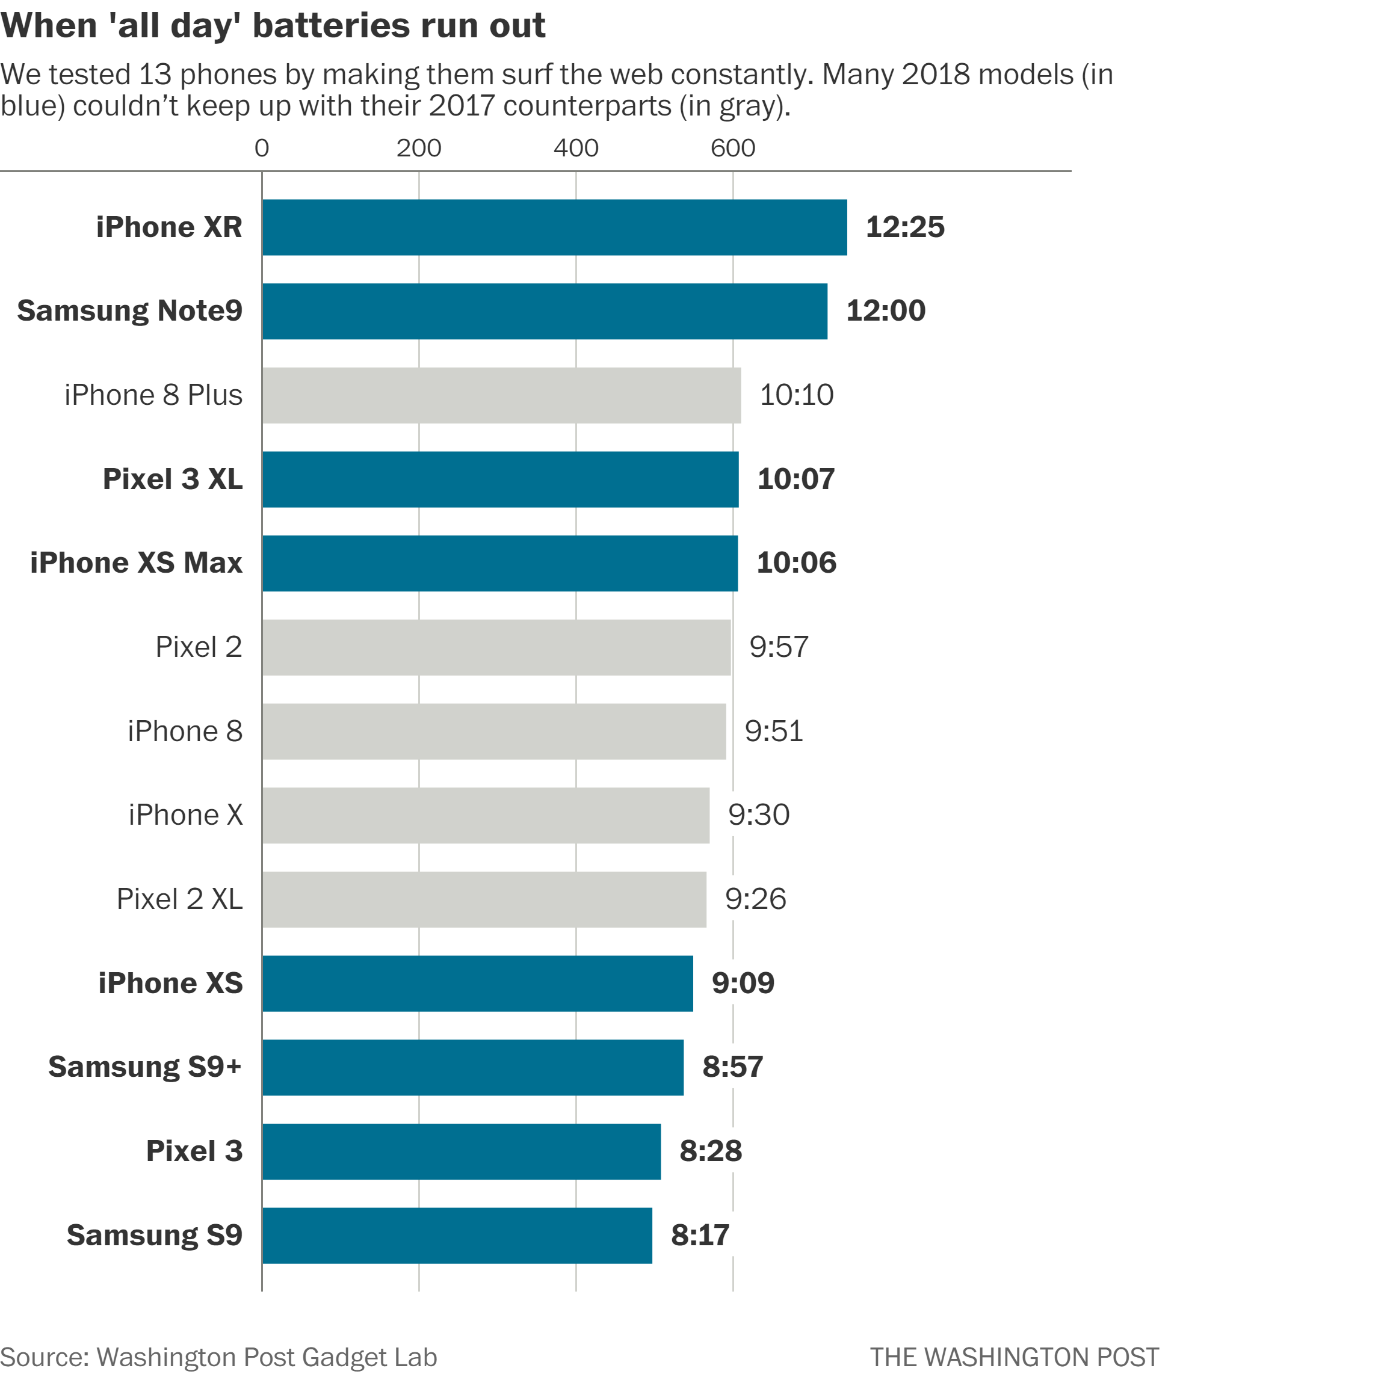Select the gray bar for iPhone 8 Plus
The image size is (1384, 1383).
pyautogui.click(x=501, y=395)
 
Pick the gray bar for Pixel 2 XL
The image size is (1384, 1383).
pyautogui.click(x=484, y=899)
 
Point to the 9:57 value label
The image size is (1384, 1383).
pyautogui.click(x=779, y=647)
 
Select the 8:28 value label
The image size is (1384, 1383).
pyautogui.click(x=711, y=1151)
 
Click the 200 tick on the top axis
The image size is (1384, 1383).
pyautogui.click(x=418, y=148)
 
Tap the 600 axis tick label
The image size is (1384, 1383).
pyautogui.click(x=732, y=148)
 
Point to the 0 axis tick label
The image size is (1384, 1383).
pyautogui.click(x=262, y=148)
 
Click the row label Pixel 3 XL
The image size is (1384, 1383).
pyautogui.click(x=173, y=479)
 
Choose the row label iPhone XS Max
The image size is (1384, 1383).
pyautogui.click(x=136, y=563)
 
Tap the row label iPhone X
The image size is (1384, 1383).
pyautogui.click(x=185, y=815)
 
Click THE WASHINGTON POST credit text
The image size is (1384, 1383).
pyautogui.click(x=1014, y=1357)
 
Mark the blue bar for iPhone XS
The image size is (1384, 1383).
pyautogui.click(x=477, y=984)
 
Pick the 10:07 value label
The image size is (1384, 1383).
pyautogui.click(x=796, y=479)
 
